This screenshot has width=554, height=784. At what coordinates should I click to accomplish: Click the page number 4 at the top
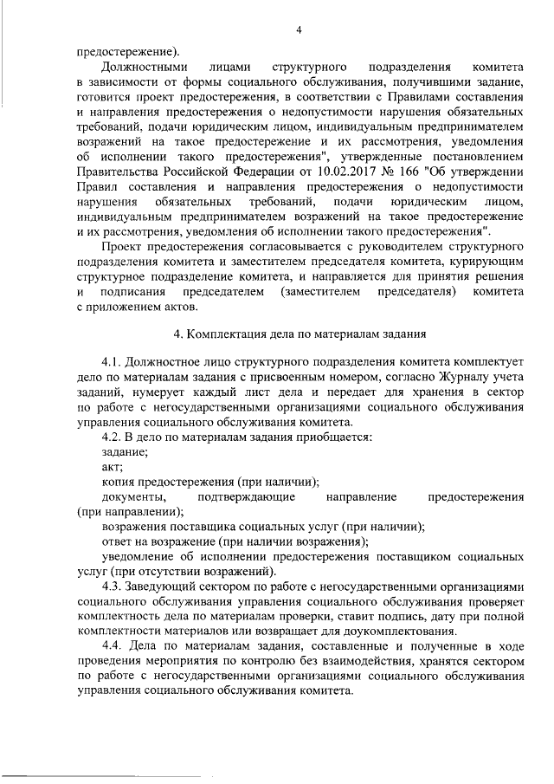pos(299,31)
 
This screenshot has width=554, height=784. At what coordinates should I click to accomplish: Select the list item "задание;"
pos(126,451)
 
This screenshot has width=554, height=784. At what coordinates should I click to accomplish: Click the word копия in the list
pos(119,481)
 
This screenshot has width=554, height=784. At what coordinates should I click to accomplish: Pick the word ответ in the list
pos(119,541)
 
